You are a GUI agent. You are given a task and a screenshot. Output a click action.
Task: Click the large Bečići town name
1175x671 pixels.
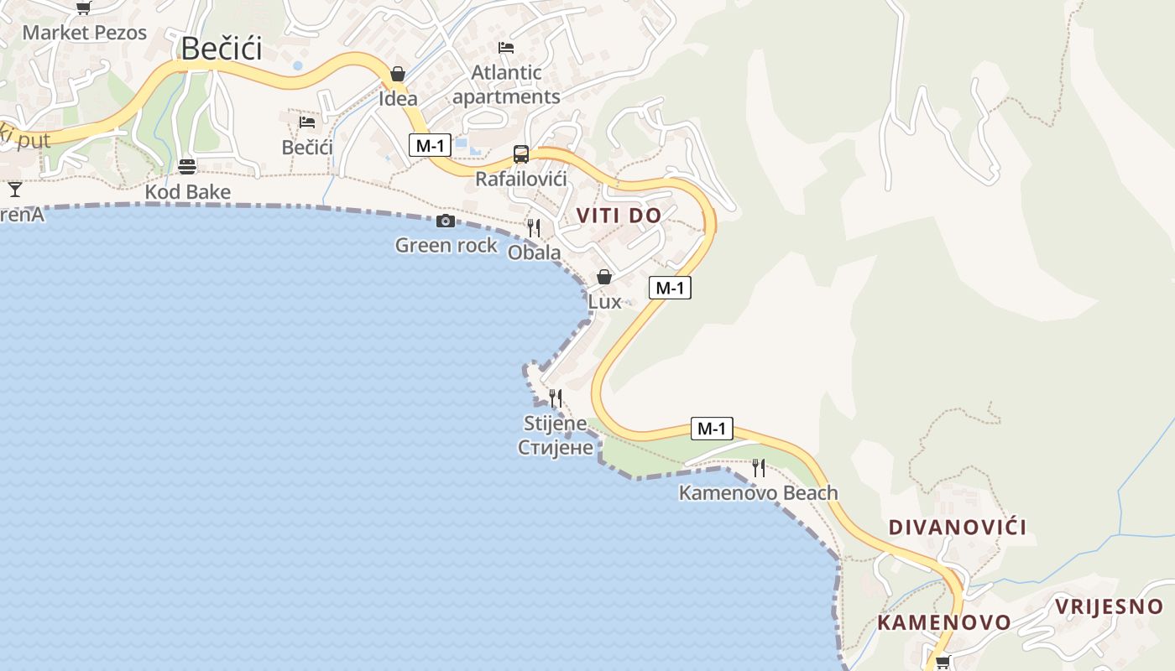pos(222,49)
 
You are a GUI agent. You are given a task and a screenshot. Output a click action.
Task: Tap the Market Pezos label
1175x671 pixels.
pos(84,33)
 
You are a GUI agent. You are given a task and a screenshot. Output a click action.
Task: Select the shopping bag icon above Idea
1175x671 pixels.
pos(398,74)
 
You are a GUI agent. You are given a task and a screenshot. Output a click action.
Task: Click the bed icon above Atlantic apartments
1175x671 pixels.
pos(505,47)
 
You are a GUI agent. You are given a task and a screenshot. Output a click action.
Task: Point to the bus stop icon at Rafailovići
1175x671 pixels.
pos(521,154)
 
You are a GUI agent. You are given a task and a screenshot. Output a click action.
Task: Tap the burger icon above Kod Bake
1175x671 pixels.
pos(187,166)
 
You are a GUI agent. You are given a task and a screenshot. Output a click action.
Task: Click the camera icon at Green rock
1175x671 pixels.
pos(446,221)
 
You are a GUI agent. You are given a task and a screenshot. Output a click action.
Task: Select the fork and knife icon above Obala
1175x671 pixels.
pos(533,226)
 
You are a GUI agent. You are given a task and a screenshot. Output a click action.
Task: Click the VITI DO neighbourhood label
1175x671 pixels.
pos(619,216)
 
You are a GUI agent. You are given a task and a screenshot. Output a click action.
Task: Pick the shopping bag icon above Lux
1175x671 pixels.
pos(604,277)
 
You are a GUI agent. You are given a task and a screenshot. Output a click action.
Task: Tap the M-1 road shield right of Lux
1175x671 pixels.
pos(670,288)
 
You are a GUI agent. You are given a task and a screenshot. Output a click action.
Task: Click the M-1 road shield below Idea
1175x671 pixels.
pos(430,145)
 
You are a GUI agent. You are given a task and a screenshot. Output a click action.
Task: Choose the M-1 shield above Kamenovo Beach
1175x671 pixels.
pos(712,429)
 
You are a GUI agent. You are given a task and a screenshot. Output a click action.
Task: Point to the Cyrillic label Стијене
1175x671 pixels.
pos(556,447)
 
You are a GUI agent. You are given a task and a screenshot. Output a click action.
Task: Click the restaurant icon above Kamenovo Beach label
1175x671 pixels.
pos(759,467)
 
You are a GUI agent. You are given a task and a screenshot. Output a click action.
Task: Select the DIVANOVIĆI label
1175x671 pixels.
pos(958,528)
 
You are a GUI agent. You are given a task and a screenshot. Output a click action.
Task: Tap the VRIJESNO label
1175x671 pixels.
pos(1109,606)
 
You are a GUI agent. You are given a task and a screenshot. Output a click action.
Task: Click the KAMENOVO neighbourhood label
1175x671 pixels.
pos(944,622)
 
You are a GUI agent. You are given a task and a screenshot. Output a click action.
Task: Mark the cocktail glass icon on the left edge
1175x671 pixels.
pos(14,189)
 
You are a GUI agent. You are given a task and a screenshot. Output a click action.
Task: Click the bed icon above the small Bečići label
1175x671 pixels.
pos(307,122)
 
